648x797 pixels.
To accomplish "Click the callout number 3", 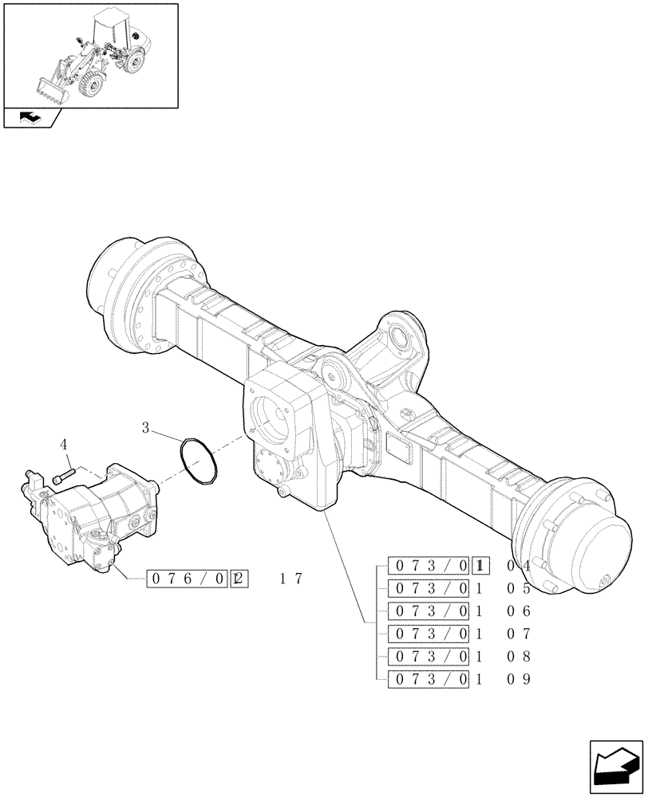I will tap(146, 428).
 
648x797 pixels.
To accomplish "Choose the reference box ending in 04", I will tap(437, 565).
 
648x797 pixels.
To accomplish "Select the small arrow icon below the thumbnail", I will tap(31, 118).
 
